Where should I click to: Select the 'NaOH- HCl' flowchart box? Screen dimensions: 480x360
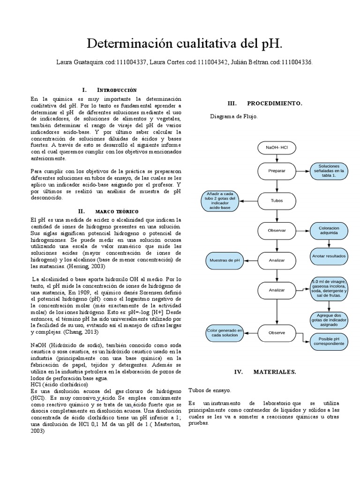tap(277, 148)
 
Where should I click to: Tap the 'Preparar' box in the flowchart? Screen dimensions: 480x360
tap(277, 171)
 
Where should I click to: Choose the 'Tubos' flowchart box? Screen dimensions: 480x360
tap(277, 201)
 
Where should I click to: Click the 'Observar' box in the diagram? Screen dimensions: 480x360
tap(277, 231)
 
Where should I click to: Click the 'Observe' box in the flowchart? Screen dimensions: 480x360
tap(277, 333)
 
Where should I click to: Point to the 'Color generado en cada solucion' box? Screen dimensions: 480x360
tap(225, 333)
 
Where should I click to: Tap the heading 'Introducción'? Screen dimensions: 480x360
tap(116, 90)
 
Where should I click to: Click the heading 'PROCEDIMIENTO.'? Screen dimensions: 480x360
tap(274, 103)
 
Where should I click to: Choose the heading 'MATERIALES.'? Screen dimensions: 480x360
tap(274, 371)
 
